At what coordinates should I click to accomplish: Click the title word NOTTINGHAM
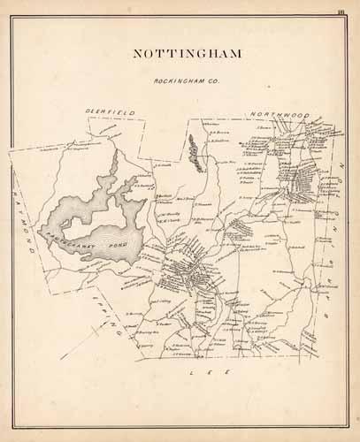point(188,52)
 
